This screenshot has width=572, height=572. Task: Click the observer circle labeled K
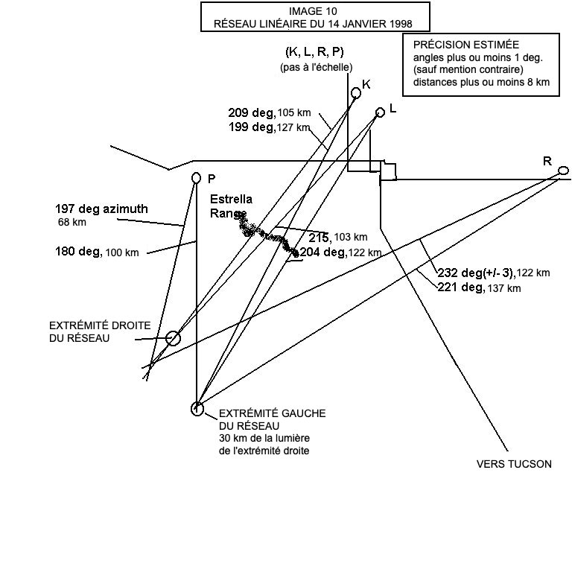pos(356,92)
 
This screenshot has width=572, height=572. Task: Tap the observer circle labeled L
pos(380,112)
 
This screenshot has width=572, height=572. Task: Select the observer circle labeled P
pos(197,177)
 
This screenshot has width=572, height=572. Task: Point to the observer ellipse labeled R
pos(563,171)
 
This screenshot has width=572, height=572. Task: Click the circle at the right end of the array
pos(173,339)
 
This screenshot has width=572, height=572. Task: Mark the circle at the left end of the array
pos(197,408)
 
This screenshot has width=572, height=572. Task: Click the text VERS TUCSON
pos(514,464)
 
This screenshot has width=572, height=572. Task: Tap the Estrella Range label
pos(231,206)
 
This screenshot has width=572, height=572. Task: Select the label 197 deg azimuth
pos(101,209)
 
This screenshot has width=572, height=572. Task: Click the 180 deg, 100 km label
pos(97,252)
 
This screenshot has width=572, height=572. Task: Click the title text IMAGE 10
pos(315,11)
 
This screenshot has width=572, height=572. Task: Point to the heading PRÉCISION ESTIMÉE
pos(466,45)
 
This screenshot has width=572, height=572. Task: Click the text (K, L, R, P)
pos(315,52)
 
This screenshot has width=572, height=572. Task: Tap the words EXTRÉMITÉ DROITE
pos(100,326)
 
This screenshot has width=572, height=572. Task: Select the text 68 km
pos(71,222)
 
